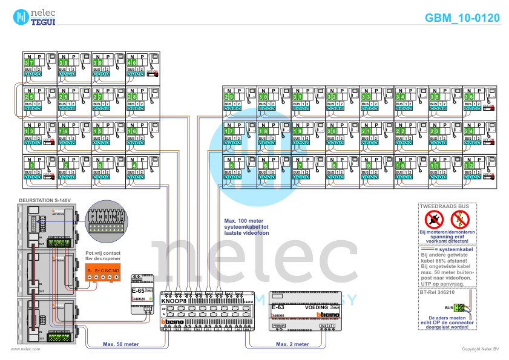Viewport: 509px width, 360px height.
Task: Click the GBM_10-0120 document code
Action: pyautogui.click(x=462, y=18)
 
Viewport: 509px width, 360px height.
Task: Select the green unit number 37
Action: pyautogui.click(x=29, y=63)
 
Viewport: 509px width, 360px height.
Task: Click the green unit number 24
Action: pyautogui.click(x=470, y=131)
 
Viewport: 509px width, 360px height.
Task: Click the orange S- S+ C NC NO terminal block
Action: pyautogui.click(x=103, y=274)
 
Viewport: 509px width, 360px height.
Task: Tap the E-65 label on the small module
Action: pyautogui.click(x=137, y=291)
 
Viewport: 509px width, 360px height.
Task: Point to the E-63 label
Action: pyautogui.click(x=278, y=307)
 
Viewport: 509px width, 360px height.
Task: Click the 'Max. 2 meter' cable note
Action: pyautogui.click(x=292, y=344)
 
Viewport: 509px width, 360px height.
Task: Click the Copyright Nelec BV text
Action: pyautogui.click(x=481, y=349)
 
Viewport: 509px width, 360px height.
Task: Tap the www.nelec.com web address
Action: pyautogui.click(x=25, y=349)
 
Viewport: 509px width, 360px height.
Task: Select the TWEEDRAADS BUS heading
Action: pyautogui.click(x=445, y=206)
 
